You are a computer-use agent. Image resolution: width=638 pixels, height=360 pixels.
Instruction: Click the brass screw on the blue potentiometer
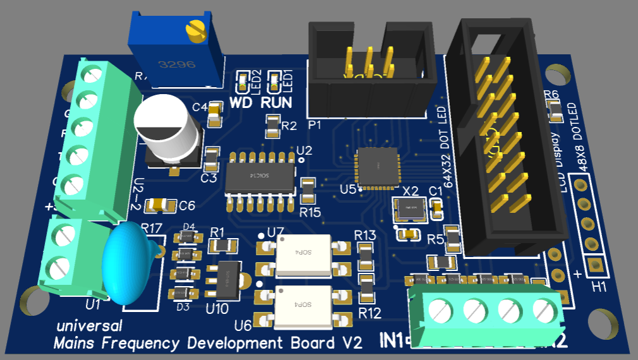coord(197,30)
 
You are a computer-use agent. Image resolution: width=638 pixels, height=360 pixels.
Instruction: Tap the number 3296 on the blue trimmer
coord(177,64)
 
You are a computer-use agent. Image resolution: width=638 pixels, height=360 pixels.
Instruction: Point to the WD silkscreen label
coord(243,102)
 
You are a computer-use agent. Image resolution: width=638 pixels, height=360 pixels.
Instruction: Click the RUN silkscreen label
coord(276,102)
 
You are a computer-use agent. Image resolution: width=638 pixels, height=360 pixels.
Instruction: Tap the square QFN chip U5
coord(377,167)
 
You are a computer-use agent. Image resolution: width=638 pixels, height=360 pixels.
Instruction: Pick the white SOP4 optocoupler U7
coord(304,254)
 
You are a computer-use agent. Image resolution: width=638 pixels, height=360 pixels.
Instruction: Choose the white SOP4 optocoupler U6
coord(304,305)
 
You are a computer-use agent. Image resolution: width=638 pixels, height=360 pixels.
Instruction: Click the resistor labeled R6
coord(555,112)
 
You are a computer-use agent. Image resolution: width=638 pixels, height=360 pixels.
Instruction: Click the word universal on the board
coord(89,327)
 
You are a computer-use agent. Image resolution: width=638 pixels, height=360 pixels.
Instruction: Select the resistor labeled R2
coord(272,126)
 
